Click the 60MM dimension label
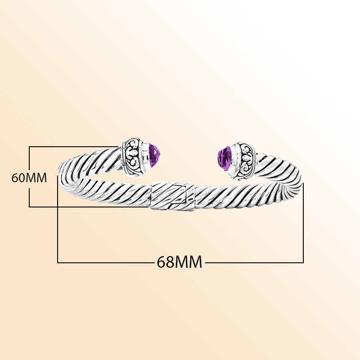tap(29, 178)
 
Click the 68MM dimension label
tap(179, 262)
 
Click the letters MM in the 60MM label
tap(36, 178)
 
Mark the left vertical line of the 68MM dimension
tap(58, 219)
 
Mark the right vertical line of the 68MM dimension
tap(303, 223)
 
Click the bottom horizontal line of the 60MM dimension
tap(89, 207)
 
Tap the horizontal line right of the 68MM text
tap(254, 262)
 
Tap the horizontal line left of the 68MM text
tap(105, 262)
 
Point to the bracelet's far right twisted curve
tap(290, 181)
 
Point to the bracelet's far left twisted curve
tap(69, 179)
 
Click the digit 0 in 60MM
tap(21, 178)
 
